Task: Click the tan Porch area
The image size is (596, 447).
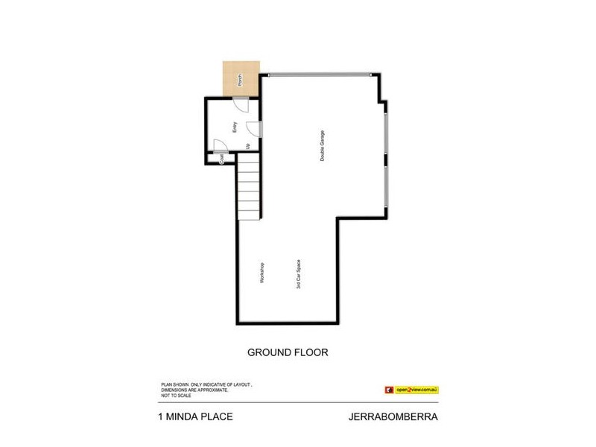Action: tap(241, 77)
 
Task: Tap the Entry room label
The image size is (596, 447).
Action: tap(234, 127)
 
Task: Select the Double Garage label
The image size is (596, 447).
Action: tap(323, 147)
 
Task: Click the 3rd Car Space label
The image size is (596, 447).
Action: tap(298, 274)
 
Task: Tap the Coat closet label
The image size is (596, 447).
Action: tap(221, 158)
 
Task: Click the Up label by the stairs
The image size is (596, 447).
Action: tap(248, 145)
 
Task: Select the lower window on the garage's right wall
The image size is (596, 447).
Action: tap(385, 186)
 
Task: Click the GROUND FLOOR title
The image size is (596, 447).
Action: tap(288, 352)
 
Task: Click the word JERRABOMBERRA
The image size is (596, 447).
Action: tap(393, 416)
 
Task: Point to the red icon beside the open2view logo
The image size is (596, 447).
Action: tap(388, 389)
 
